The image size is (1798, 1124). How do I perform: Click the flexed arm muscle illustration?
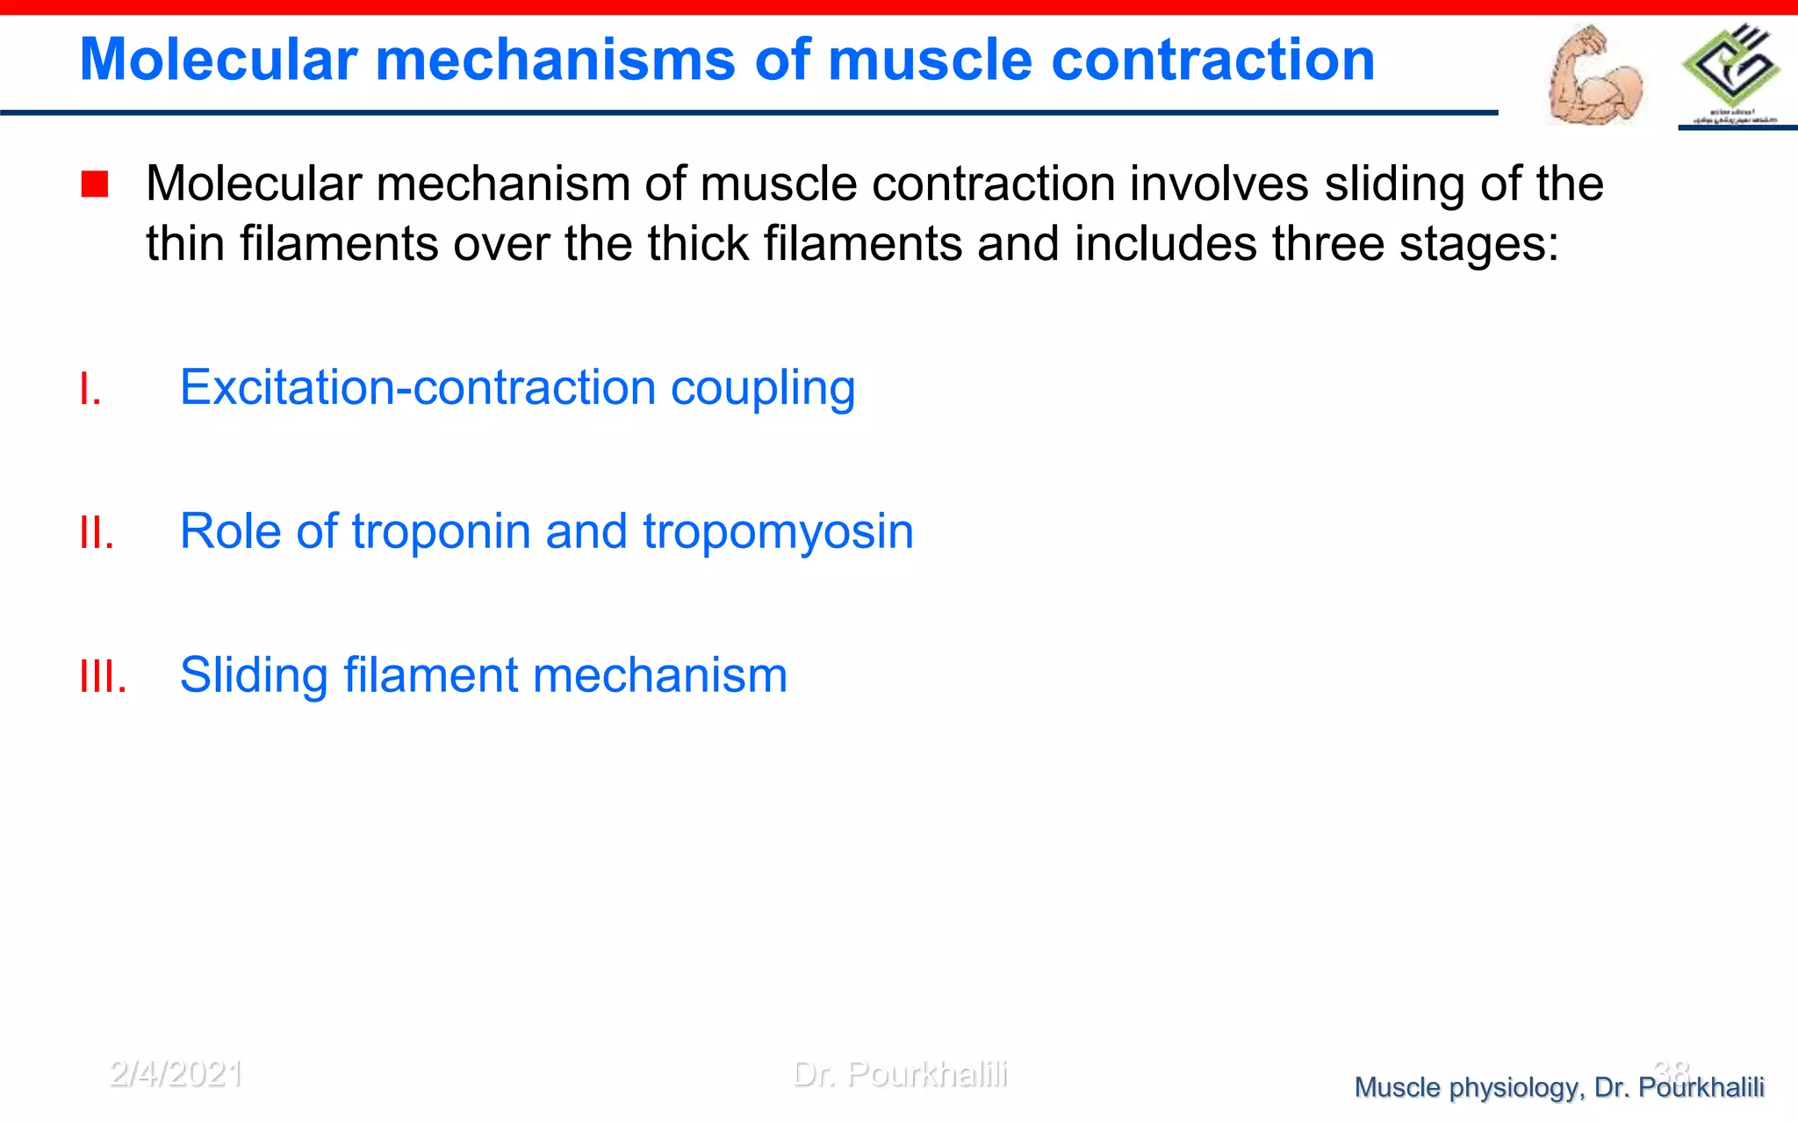tap(1593, 77)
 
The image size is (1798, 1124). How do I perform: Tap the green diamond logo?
tap(1730, 68)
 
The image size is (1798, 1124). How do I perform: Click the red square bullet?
tap(94, 184)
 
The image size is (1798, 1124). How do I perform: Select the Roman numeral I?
tap(90, 389)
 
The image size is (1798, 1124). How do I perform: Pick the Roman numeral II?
tap(97, 533)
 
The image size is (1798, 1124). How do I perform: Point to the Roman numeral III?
tap(103, 677)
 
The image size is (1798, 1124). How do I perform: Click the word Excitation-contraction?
tap(418, 387)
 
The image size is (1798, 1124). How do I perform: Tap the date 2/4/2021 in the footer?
tap(176, 1073)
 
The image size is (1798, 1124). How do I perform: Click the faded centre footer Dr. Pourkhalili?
tap(900, 1073)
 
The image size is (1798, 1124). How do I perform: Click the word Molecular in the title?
tap(219, 60)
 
